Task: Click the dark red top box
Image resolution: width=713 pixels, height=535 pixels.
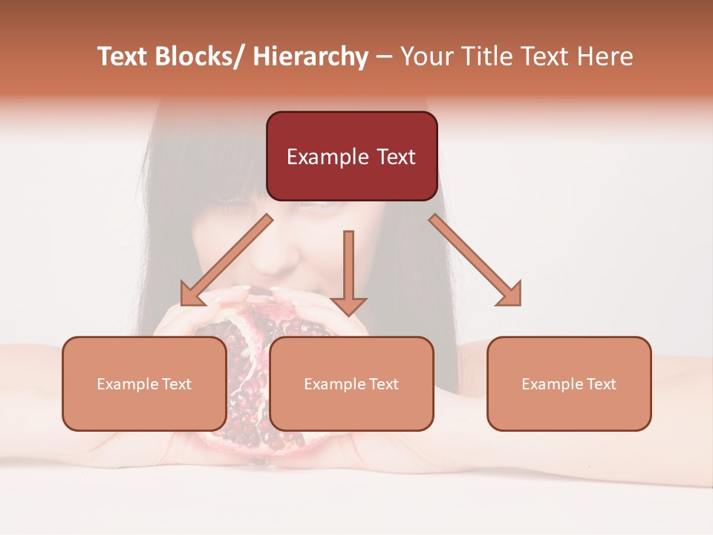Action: [x=351, y=156]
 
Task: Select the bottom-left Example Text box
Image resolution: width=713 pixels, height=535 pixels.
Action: [x=144, y=383]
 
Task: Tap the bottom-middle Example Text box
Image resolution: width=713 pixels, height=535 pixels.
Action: [x=351, y=383]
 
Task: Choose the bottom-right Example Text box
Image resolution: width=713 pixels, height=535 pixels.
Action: [x=569, y=383]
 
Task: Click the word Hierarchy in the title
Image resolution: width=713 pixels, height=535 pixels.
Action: [x=310, y=56]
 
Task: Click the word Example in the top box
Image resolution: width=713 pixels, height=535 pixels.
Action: [x=327, y=157]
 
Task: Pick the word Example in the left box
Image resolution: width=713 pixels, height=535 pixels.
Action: [x=123, y=384]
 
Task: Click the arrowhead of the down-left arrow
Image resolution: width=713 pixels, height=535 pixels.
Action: [x=190, y=295]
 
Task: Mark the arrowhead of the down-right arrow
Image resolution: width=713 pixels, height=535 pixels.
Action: [x=511, y=295]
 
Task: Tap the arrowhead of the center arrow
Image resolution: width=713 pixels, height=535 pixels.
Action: [x=348, y=305]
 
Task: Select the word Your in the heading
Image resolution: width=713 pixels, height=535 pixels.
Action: [x=426, y=56]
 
